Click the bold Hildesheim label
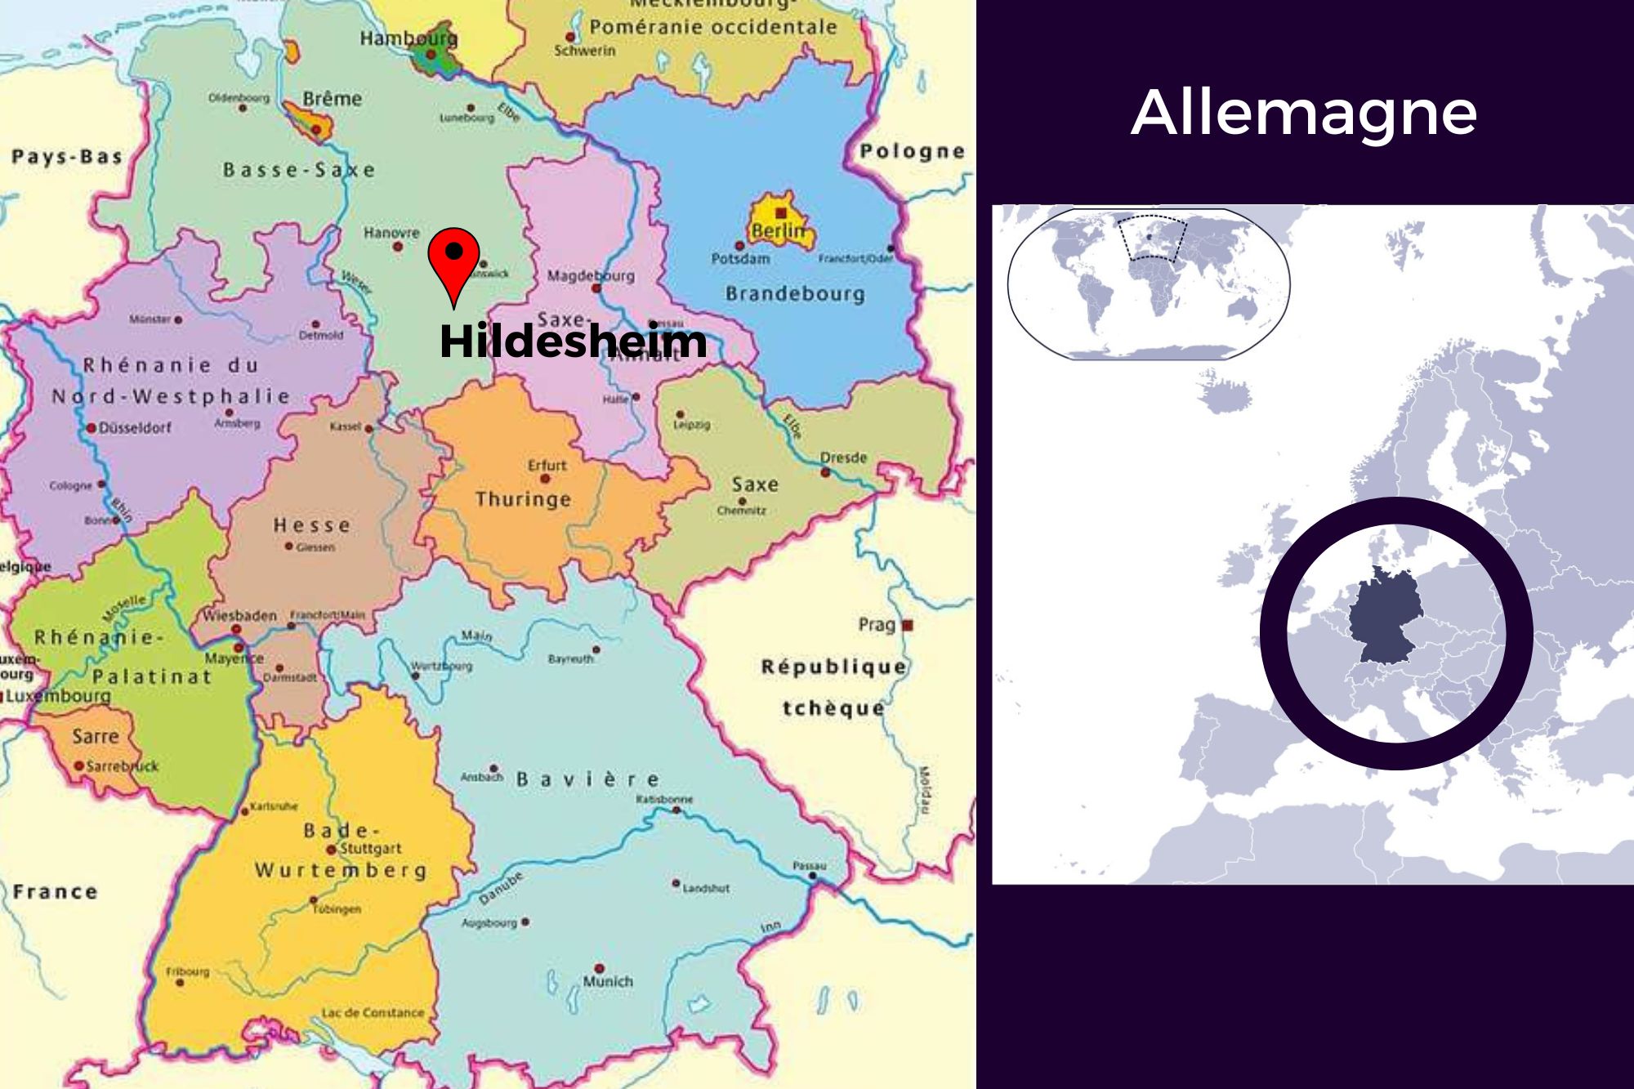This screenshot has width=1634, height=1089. click(573, 341)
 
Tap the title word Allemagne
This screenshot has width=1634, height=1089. click(1304, 113)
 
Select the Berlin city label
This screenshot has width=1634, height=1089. click(778, 230)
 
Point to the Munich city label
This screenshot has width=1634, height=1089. click(608, 981)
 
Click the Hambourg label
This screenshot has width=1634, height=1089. click(408, 38)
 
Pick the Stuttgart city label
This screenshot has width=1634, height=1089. click(370, 848)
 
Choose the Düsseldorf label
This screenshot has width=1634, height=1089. click(135, 427)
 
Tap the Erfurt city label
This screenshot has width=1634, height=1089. click(547, 466)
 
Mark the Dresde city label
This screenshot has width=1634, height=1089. click(843, 457)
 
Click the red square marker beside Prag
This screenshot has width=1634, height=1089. click(907, 625)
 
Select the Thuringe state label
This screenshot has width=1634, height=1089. click(523, 499)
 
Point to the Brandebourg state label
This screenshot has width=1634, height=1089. click(795, 293)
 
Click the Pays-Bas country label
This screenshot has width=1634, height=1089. click(67, 157)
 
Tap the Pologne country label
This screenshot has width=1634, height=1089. click(912, 151)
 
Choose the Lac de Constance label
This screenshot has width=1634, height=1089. click(373, 1013)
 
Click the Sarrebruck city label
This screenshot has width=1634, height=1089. click(122, 766)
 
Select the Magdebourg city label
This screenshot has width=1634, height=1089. click(591, 276)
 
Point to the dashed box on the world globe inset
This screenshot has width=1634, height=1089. click(1153, 238)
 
